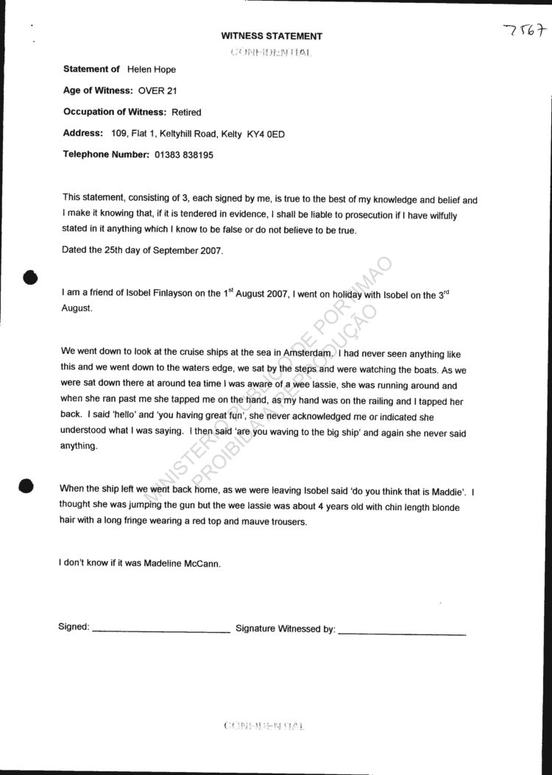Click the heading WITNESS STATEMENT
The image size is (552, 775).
tap(272, 36)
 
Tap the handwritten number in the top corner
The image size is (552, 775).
tap(526, 31)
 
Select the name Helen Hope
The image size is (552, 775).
tap(152, 69)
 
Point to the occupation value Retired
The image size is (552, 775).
tap(186, 112)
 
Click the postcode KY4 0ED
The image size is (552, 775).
tap(266, 134)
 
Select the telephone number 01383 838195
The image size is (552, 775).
tap(184, 155)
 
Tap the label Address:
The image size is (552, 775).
tap(83, 133)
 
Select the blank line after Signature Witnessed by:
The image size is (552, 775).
tap(402, 633)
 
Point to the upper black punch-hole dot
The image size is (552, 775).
tap(30, 277)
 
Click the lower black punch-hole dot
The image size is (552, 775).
tap(26, 486)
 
